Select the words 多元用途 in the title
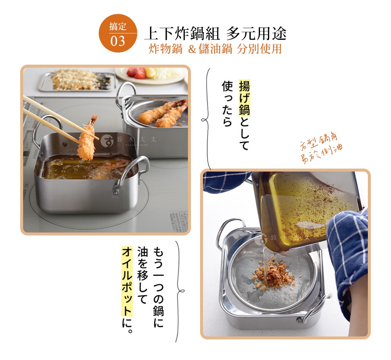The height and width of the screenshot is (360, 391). (x=256, y=34)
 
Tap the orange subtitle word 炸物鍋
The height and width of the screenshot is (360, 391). (x=166, y=49)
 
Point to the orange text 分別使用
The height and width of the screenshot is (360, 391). (x=259, y=49)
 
